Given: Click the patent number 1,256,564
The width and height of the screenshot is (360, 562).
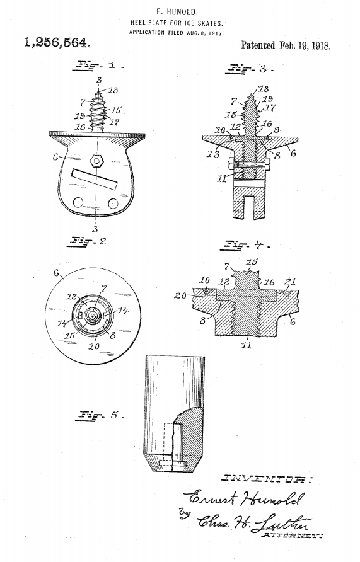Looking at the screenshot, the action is click(57, 43).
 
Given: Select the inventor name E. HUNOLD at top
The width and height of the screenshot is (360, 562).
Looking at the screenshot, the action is click(178, 13).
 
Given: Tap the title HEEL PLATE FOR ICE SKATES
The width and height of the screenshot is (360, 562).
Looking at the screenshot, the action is click(177, 23).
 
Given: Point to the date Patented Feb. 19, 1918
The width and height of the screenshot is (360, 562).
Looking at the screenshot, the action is click(286, 45).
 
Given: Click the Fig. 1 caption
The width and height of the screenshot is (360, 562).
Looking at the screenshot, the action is click(98, 66).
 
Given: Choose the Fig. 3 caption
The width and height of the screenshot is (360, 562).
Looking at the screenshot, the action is click(250, 69).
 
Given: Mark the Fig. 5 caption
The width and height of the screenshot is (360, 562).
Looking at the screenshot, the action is click(100, 415).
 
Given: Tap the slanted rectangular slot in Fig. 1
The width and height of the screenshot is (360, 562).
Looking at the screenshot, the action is click(95, 178).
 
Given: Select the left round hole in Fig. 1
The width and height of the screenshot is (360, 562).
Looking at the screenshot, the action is click(78, 202).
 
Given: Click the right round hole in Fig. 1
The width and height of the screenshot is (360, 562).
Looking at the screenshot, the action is click(113, 204).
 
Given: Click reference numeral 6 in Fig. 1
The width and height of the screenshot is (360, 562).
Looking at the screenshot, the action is click(56, 157).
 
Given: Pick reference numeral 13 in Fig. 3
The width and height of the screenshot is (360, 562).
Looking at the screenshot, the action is click(212, 154).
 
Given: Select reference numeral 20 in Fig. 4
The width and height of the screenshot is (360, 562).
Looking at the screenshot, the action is click(180, 295).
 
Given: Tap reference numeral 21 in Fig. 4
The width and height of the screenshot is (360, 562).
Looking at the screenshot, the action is click(290, 282).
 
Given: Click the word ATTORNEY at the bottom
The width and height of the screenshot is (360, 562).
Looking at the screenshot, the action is click(293, 536).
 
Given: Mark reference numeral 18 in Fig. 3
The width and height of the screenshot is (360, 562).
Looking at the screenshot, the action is click(263, 89).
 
